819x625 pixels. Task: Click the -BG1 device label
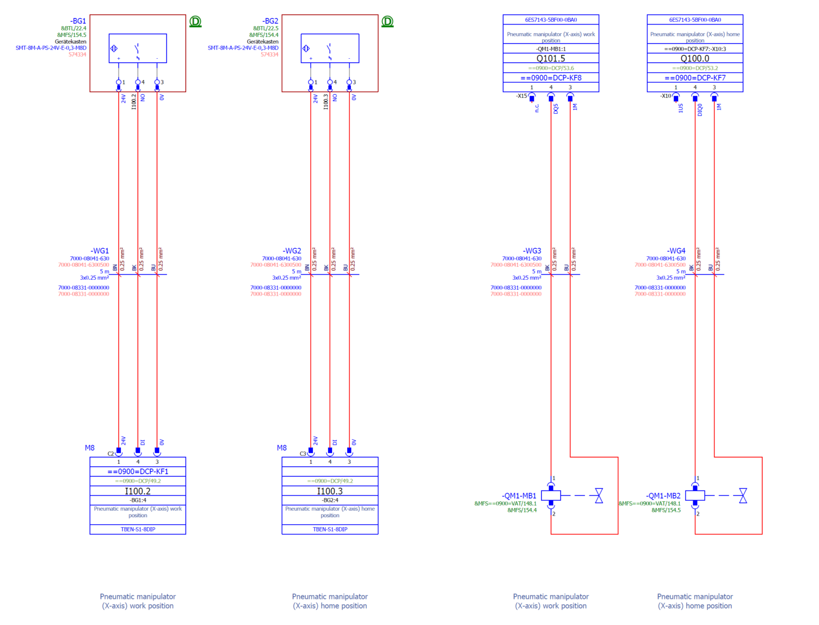point(78,21)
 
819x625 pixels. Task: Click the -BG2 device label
point(270,21)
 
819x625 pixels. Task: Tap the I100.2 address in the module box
point(138,491)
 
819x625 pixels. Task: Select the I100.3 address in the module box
point(330,491)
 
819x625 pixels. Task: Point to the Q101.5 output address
point(551,58)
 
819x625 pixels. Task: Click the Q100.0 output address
point(695,58)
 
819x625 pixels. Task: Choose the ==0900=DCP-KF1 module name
point(138,471)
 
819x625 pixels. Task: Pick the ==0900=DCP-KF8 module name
point(551,77)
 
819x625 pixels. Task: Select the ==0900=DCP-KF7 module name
point(695,77)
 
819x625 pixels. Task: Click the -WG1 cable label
point(100,251)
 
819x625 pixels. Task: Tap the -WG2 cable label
point(292,251)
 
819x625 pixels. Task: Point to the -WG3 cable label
point(532,251)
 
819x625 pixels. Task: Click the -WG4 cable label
point(676,251)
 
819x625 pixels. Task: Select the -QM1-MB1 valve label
point(519,496)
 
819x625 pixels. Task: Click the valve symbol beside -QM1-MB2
point(743,495)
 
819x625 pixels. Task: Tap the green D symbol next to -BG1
point(195,21)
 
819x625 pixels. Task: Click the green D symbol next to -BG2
point(387,21)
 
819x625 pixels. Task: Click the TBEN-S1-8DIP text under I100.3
point(330,529)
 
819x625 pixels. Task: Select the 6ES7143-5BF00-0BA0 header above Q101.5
point(551,20)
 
